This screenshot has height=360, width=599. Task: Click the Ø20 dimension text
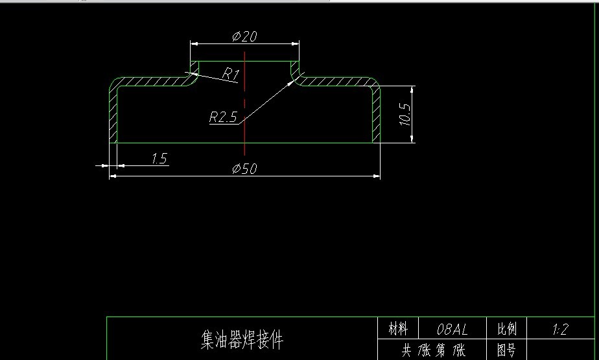coord(244,36)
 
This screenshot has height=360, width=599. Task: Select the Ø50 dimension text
coord(244,169)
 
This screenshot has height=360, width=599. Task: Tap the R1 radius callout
coord(230,74)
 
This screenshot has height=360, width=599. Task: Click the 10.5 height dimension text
coord(405,114)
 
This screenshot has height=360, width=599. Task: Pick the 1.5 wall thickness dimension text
coord(159,158)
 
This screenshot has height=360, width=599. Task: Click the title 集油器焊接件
coord(242,339)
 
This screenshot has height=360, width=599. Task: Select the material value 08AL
coord(452,329)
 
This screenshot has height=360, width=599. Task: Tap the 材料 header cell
coord(398,329)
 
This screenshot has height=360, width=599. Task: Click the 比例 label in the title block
coord(507,329)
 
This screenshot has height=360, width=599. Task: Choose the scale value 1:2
coord(560,329)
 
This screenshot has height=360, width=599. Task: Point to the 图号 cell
coord(507,351)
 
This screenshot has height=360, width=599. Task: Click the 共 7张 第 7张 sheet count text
coord(433,351)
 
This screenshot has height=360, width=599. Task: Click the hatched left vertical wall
coord(113,117)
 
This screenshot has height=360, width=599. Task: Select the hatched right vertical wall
coord(376,117)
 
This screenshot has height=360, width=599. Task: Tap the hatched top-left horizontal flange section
coord(152,81)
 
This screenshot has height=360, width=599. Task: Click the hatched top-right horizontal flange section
coord(337,81)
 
